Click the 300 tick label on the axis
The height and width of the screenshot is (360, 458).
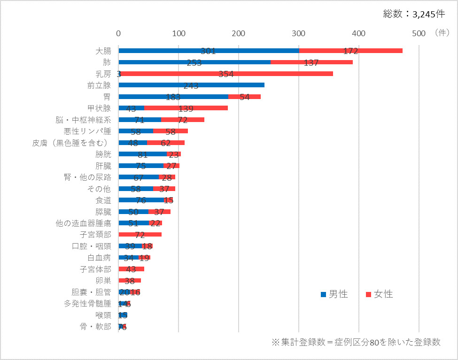(x=299, y=33)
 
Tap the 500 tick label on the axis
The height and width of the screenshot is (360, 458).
(x=419, y=33)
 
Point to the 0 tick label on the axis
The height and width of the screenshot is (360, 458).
(x=118, y=33)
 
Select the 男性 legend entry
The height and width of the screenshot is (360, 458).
(x=334, y=294)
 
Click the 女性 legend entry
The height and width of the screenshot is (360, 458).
(x=379, y=294)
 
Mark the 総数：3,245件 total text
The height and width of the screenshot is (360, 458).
(x=414, y=14)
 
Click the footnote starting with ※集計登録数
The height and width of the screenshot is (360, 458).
(x=356, y=342)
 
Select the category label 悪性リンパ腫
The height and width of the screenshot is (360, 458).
(x=87, y=131)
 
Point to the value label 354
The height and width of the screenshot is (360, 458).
(x=225, y=74)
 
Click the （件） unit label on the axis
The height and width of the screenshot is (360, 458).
(x=442, y=33)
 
